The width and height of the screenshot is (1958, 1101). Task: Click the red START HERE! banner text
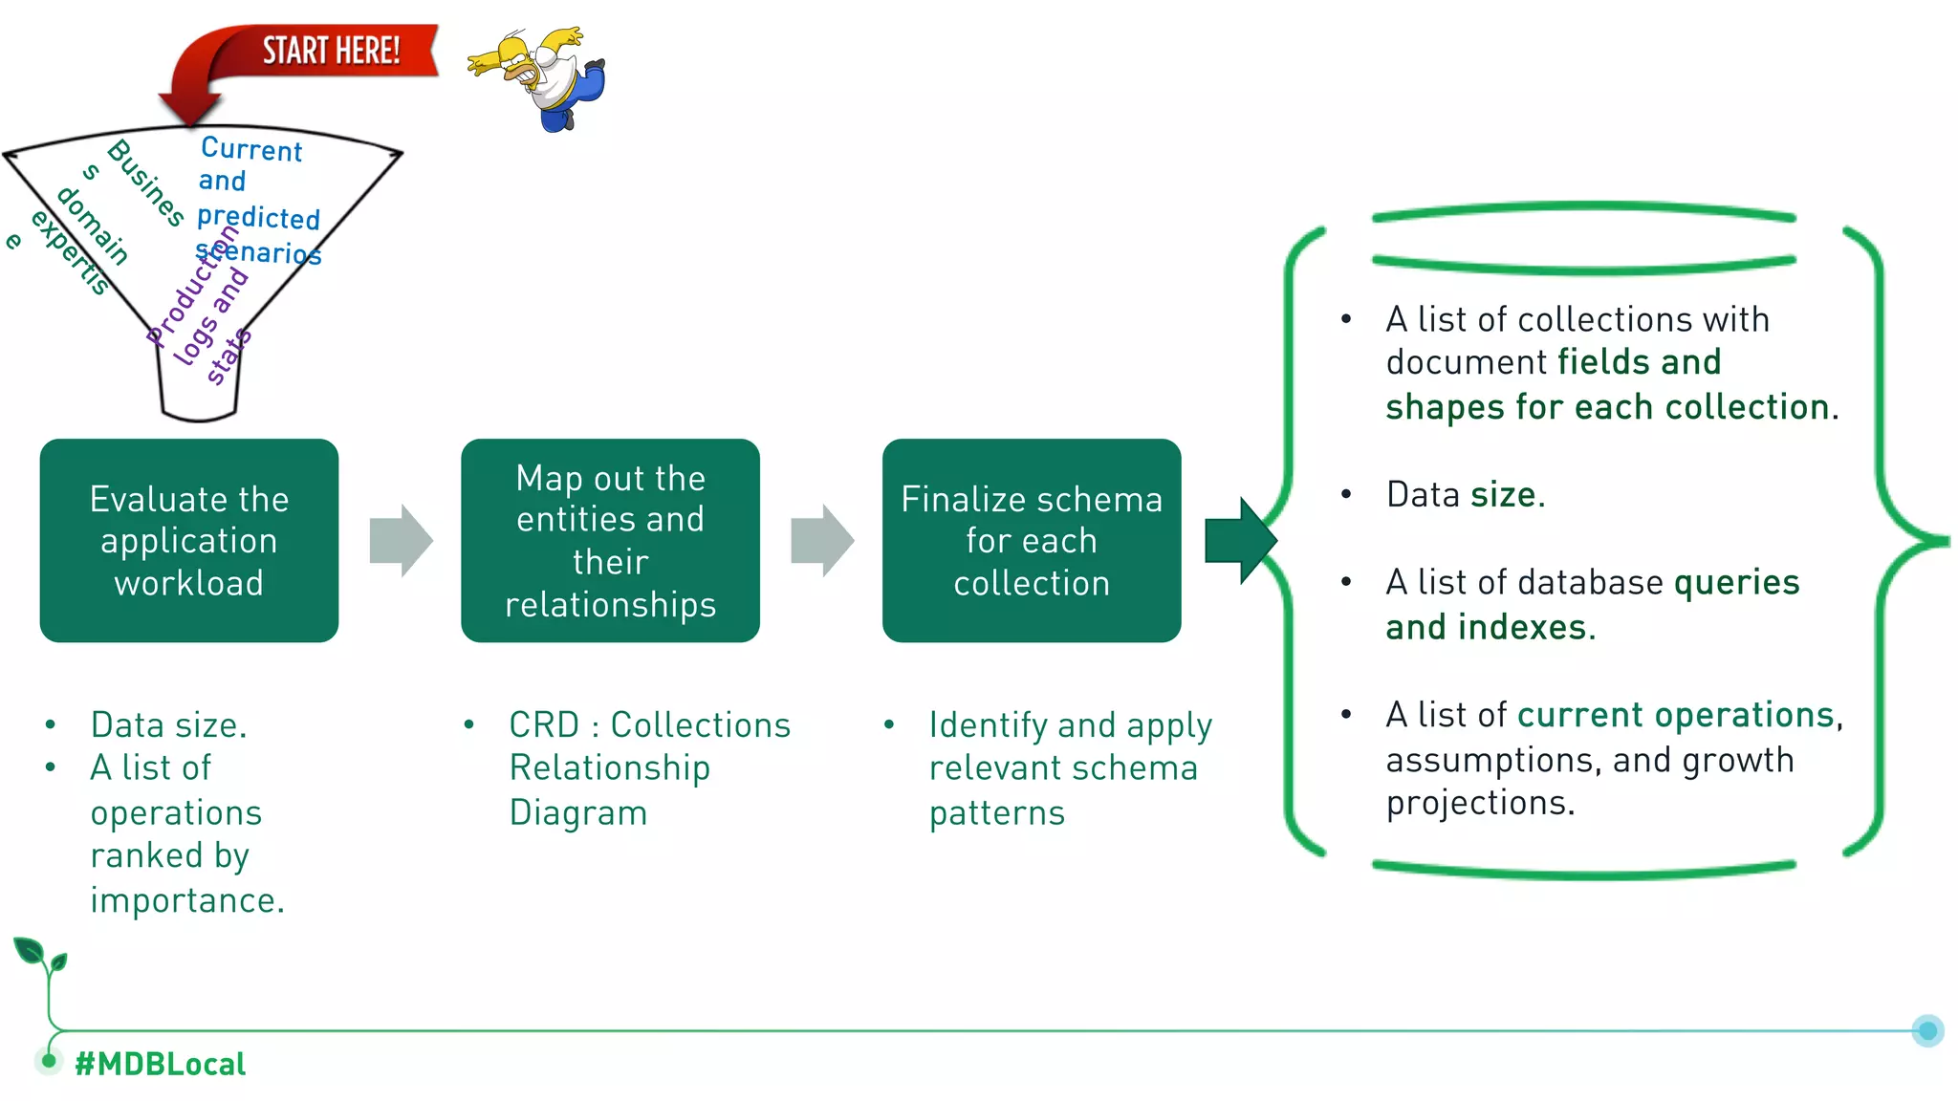331,51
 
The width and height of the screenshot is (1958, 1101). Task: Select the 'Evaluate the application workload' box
189,541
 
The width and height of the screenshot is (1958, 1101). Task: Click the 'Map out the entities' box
610,541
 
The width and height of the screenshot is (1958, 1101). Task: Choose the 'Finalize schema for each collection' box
1032,541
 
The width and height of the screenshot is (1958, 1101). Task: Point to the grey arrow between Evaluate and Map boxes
401,541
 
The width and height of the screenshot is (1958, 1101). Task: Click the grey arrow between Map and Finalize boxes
822,541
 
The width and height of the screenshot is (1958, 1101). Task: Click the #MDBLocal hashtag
161,1064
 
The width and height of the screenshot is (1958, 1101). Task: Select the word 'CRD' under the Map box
543,725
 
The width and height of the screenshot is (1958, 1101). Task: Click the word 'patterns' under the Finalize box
996,812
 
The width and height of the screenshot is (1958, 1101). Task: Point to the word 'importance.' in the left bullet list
187,900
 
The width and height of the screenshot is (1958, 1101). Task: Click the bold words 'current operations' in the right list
1675,715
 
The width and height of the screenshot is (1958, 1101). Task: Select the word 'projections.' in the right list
1480,803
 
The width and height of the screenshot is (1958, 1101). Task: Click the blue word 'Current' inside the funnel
251,149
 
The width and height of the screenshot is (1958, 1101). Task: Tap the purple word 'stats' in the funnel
228,357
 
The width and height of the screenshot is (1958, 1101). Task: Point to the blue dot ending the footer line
1927,1030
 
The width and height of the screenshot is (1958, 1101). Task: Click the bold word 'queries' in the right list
1736,583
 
